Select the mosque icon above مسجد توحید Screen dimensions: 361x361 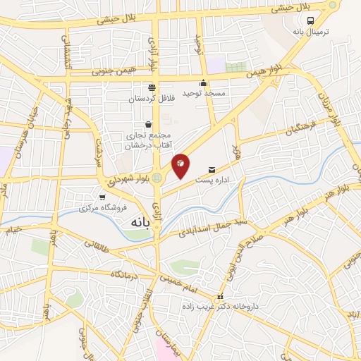click(203, 82)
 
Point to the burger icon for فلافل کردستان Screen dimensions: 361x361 click(152, 87)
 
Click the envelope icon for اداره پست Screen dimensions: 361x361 click(212, 169)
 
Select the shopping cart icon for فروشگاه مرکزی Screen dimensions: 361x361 click(103, 197)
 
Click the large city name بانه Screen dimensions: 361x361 click(140, 223)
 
